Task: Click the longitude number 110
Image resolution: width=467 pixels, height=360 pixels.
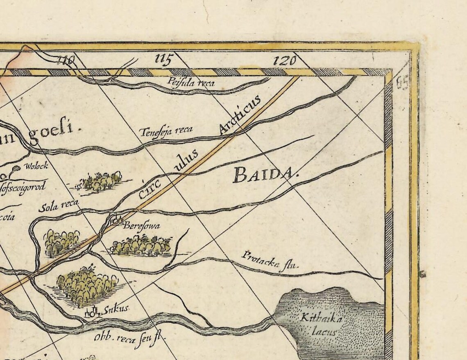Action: tap(66, 61)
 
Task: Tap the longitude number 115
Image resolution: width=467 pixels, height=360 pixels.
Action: tap(163, 60)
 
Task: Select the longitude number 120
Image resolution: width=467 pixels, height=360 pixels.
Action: tap(284, 61)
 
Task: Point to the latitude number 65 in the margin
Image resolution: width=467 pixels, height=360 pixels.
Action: tap(403, 84)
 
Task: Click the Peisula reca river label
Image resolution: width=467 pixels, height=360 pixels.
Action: tap(190, 82)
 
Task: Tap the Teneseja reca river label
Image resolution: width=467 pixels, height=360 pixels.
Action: tap(166, 131)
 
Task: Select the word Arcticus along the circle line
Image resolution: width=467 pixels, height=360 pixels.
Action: tap(239, 115)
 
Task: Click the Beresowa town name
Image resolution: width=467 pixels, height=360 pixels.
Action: tap(142, 226)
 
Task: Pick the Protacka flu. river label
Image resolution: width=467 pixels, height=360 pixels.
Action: tap(270, 261)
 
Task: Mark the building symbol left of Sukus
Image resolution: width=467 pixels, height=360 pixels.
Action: tap(93, 312)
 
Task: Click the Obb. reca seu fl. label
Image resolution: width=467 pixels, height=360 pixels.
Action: tap(128, 339)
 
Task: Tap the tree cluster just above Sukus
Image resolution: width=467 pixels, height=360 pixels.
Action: tap(87, 285)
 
